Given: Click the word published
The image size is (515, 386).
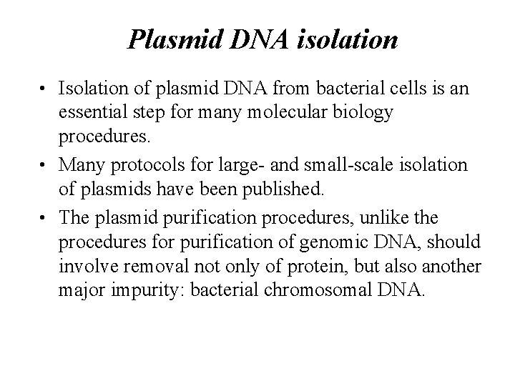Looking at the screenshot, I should click(287, 188).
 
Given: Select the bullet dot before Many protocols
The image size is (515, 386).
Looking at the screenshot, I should click(44, 167).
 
